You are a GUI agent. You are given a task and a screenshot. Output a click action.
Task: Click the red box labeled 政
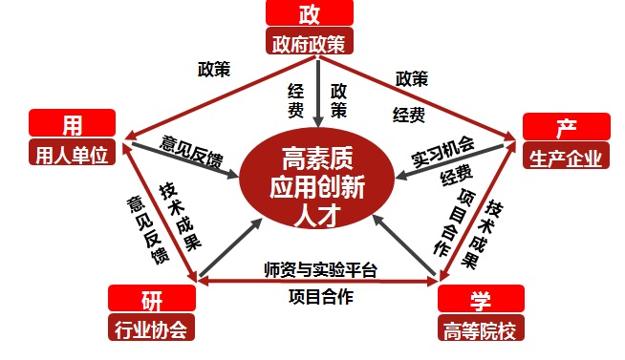[309, 13]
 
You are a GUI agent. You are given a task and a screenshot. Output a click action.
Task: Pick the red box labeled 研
[152, 300]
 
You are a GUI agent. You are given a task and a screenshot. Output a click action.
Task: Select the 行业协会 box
[152, 329]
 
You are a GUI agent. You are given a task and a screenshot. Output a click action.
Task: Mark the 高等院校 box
[481, 330]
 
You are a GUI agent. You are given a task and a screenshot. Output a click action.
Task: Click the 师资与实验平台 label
[319, 271]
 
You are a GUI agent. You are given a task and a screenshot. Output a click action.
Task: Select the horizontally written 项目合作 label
[320, 296]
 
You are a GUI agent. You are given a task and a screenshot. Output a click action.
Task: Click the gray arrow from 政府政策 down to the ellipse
[316, 91]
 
